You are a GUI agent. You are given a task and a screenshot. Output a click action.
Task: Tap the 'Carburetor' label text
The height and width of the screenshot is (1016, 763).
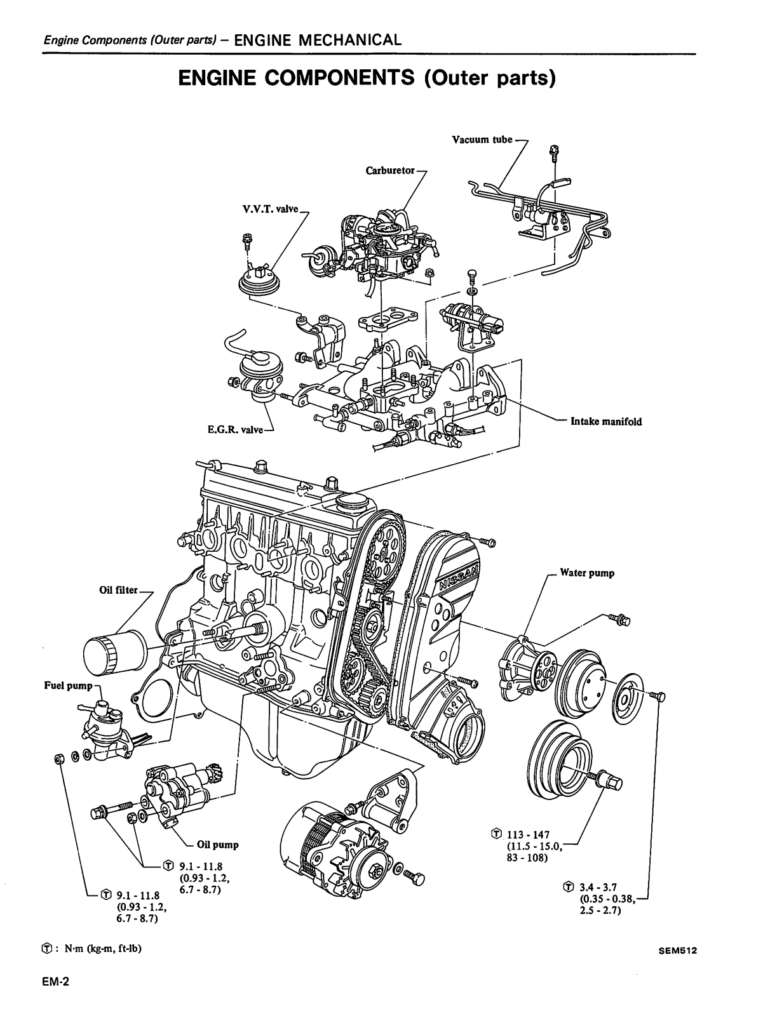click(x=389, y=171)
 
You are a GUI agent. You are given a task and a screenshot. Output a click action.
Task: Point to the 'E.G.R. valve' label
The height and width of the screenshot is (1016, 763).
click(x=235, y=430)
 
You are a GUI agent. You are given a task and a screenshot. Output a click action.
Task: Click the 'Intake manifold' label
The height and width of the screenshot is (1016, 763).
click(x=606, y=421)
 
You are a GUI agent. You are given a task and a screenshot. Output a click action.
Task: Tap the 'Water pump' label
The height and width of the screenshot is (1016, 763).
click(x=587, y=573)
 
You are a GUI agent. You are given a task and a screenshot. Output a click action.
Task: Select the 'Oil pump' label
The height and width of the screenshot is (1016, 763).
click(x=217, y=845)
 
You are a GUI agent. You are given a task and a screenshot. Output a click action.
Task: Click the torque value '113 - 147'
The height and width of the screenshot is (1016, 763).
click(x=528, y=834)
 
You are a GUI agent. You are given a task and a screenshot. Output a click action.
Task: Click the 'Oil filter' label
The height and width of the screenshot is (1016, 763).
click(x=118, y=590)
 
